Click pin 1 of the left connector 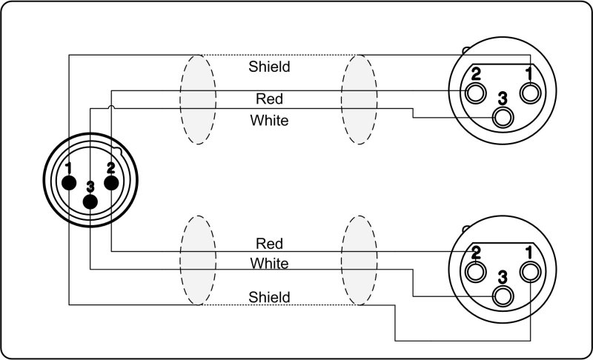(69, 181)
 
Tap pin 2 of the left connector (111, 181)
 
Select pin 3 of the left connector (90, 201)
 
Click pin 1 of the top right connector (530, 93)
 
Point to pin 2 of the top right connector (476, 93)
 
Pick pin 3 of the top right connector (504, 116)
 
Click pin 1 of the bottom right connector (530, 271)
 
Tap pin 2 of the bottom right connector (476, 271)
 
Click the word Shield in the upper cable (269, 67)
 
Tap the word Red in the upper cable (269, 98)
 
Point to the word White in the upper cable (269, 120)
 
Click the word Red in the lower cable (269, 243)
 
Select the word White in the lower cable (269, 263)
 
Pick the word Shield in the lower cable (269, 297)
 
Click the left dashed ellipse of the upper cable (198, 99)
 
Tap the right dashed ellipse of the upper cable (360, 99)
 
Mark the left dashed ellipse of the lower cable (198, 260)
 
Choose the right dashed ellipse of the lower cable (360, 260)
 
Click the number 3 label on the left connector (90, 186)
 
